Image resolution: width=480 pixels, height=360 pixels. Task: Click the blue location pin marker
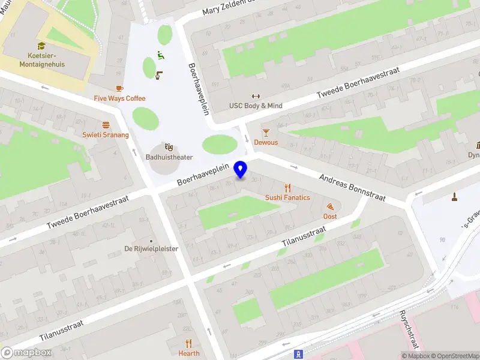point(241,170)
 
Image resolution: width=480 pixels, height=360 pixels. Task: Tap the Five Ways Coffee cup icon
point(119,89)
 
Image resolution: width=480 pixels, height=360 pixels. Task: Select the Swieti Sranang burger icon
point(106,125)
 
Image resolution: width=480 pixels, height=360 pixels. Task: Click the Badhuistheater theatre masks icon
point(169,146)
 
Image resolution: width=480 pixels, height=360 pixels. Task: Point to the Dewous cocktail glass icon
point(266,132)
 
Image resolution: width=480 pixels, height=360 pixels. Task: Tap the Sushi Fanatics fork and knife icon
point(288,187)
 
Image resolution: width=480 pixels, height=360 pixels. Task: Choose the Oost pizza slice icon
point(330,206)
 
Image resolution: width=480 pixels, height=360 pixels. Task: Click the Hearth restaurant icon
point(189,343)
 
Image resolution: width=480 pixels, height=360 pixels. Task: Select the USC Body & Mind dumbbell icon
point(256,96)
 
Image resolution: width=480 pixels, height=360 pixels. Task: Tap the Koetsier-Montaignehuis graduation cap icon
point(41,46)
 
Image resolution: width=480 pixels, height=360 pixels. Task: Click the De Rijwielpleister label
point(151,248)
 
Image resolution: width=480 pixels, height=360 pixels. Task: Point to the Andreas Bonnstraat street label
point(352,188)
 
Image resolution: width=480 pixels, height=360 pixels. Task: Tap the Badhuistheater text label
point(169,157)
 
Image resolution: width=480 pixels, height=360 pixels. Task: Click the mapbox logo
point(26,353)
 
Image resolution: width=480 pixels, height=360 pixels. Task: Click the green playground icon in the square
point(160,55)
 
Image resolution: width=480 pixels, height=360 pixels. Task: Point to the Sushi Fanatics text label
point(288,197)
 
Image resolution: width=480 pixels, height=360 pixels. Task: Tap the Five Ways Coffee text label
point(119,98)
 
